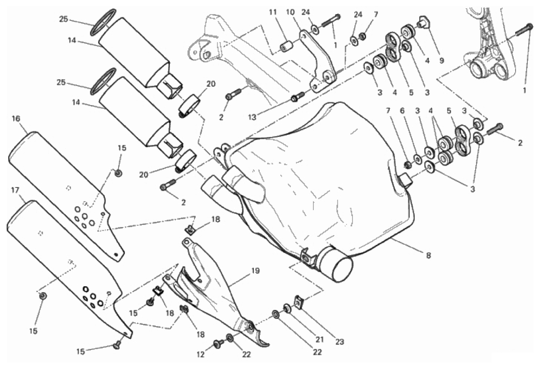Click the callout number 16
(16, 119)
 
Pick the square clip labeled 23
(299, 300)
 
